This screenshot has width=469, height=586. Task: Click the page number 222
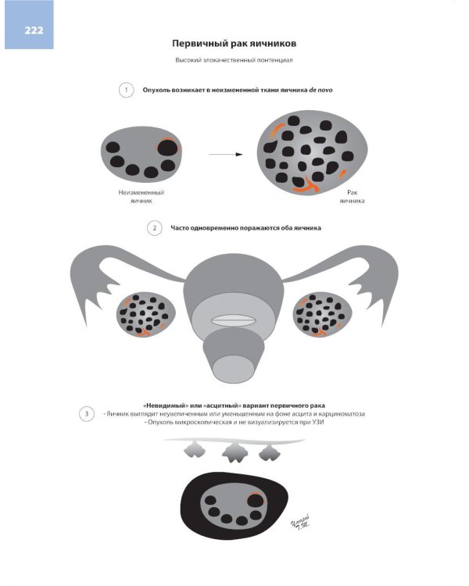tap(34, 30)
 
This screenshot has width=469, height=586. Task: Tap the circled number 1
tap(126, 90)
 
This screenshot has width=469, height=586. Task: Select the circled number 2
tap(155, 228)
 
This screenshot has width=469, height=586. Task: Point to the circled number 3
tap(87, 413)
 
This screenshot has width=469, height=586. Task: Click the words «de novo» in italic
tap(320, 90)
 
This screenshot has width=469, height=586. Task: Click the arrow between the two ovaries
tap(226, 154)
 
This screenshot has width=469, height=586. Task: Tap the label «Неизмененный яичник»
tap(141, 197)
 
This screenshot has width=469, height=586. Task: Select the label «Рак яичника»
tap(352, 197)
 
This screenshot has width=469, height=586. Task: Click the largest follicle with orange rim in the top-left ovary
tap(167, 147)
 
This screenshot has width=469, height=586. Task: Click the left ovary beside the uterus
tap(146, 314)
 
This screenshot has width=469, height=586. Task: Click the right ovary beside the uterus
tap(322, 314)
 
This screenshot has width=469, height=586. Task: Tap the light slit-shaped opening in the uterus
tap(233, 320)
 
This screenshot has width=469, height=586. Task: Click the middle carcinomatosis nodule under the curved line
tap(234, 453)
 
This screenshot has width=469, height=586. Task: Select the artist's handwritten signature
tap(301, 522)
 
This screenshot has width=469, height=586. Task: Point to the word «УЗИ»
tap(317, 422)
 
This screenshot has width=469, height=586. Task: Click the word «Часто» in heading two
tap(180, 228)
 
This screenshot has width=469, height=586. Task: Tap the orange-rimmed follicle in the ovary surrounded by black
tap(256, 500)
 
